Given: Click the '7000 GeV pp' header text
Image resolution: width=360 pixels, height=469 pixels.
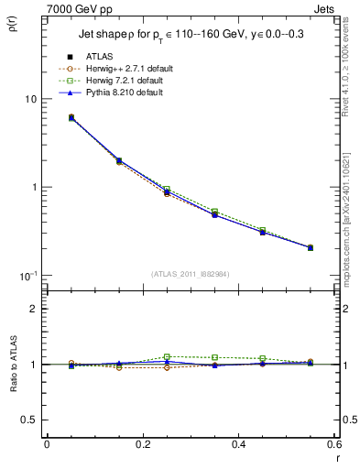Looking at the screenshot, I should [66, 8].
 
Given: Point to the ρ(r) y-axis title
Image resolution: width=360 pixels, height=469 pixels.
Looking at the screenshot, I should [14, 28].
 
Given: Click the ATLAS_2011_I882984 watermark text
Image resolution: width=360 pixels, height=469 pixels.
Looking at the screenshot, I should [191, 274].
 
